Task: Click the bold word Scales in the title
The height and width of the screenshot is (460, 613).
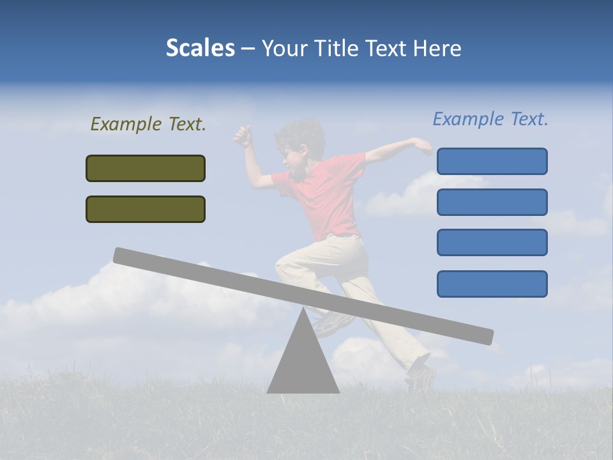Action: [x=200, y=48]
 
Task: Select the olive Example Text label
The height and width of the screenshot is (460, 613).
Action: [x=148, y=124]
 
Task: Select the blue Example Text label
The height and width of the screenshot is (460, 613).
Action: [x=490, y=119]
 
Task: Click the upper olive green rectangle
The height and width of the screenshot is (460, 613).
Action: [x=146, y=168]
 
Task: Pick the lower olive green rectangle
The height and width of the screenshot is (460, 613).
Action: [x=146, y=209]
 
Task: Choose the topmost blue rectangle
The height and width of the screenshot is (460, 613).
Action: [x=492, y=161]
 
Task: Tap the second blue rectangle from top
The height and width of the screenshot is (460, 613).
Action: [x=492, y=202]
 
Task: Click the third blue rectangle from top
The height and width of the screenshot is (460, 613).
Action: [x=492, y=243]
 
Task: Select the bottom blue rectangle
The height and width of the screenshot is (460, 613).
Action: [x=492, y=284]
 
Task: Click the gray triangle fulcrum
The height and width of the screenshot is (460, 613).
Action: [x=303, y=364]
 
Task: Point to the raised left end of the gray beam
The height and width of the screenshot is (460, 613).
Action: [x=121, y=255]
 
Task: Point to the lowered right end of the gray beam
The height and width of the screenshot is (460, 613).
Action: [x=485, y=336]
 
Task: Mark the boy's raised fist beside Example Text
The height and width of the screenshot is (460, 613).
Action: [x=242, y=135]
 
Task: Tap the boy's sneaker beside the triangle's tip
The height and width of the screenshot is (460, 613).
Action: [x=329, y=323]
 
